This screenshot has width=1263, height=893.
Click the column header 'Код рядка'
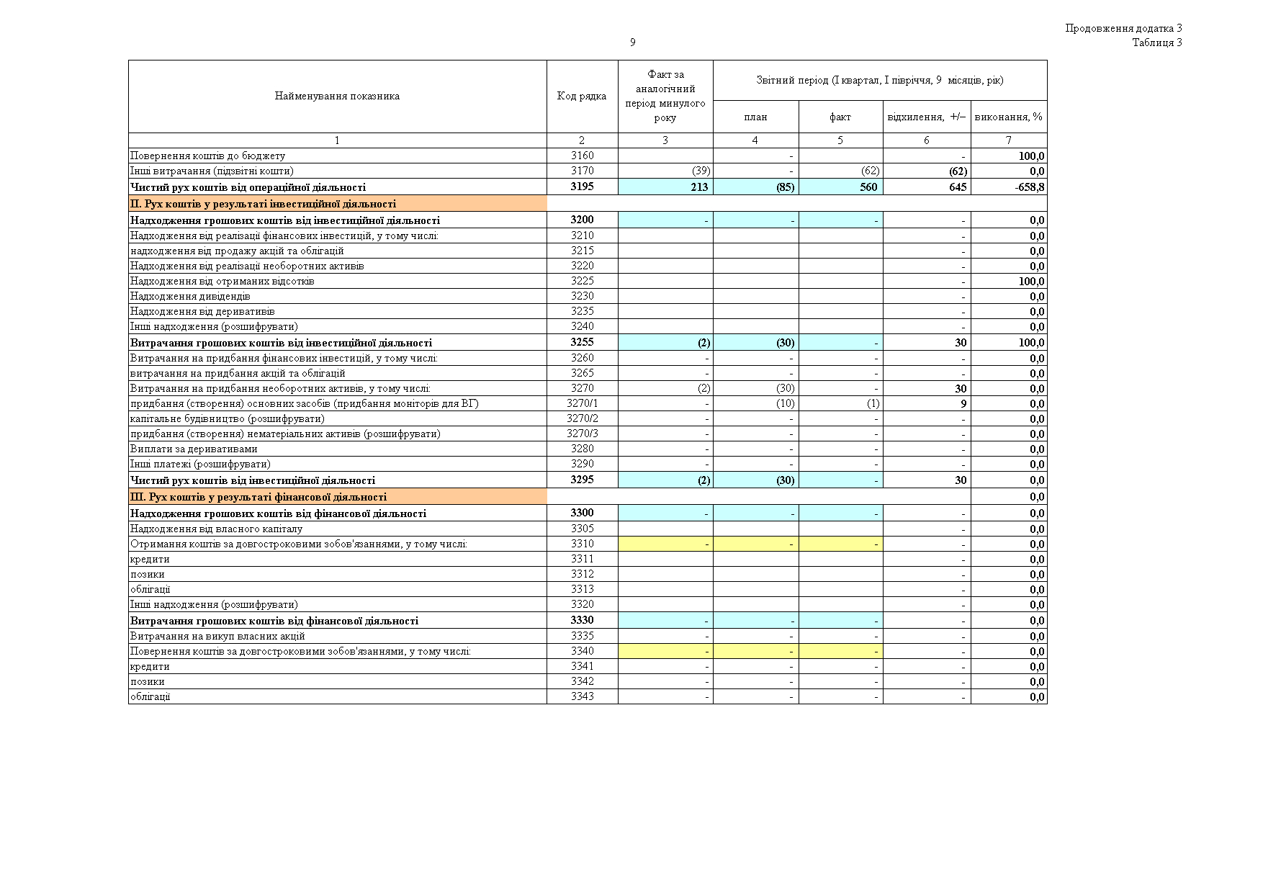tap(582, 97)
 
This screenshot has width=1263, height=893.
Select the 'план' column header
tap(755, 117)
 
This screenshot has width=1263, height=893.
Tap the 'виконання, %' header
tap(1008, 117)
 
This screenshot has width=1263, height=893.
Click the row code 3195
tap(582, 187)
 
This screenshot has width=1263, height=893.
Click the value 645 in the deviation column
tap(957, 187)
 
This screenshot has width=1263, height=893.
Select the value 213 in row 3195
tap(698, 187)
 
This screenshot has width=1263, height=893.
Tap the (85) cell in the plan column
tap(785, 187)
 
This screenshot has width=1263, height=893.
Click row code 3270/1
tap(582, 403)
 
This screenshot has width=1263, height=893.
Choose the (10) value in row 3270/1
tap(785, 404)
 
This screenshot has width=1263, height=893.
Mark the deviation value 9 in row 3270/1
tap(963, 404)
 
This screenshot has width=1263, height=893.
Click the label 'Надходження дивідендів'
tap(190, 297)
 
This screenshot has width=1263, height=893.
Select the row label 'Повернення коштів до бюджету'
tap(207, 156)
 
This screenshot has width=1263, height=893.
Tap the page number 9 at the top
tap(632, 42)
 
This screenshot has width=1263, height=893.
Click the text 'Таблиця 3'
tap(1156, 42)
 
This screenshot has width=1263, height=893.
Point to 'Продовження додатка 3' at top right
tap(1123, 29)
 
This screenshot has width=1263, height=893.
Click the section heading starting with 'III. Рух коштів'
tap(259, 497)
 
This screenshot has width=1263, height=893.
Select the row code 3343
tap(582, 696)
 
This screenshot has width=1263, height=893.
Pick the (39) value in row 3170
tap(701, 171)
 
